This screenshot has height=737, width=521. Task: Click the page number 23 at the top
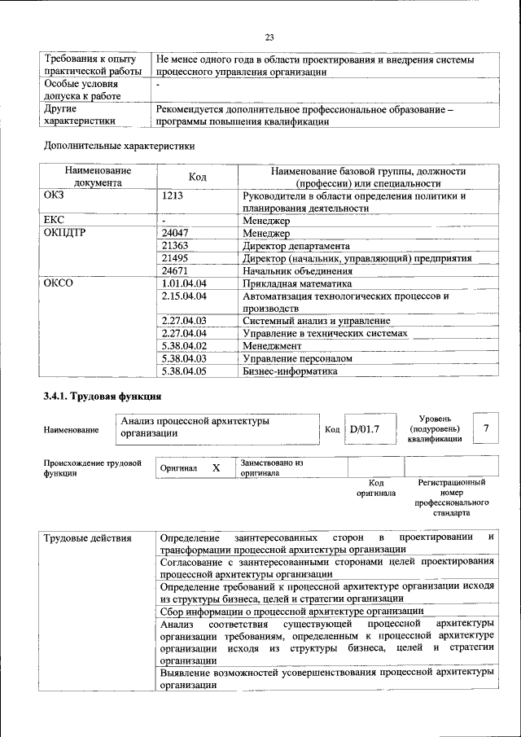(269, 37)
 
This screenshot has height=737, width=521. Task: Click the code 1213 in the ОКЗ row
(173, 196)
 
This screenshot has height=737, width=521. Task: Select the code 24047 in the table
(175, 233)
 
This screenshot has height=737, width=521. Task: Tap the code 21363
(175, 245)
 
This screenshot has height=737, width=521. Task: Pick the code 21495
(175, 258)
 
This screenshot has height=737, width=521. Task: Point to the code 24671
(175, 270)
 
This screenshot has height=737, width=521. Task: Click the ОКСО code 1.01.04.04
(184, 283)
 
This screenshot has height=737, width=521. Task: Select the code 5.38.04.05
(184, 371)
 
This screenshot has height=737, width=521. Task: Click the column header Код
(198, 177)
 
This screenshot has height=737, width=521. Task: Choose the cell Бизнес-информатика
(289, 371)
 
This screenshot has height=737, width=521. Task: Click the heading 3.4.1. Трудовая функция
(103, 397)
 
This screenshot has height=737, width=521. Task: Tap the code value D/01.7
(365, 429)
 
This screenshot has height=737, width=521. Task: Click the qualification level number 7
(486, 428)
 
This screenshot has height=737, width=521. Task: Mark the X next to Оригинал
(216, 468)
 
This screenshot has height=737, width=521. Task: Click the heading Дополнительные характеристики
(120, 146)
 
